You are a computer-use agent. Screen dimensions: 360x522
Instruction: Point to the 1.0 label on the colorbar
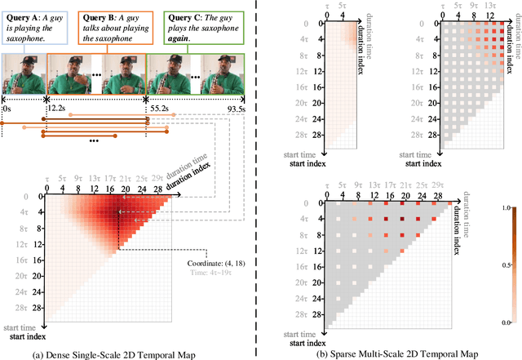pyautogui.click(x=511, y=208)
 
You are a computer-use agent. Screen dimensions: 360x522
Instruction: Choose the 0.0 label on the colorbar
pyautogui.click(x=511, y=322)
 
